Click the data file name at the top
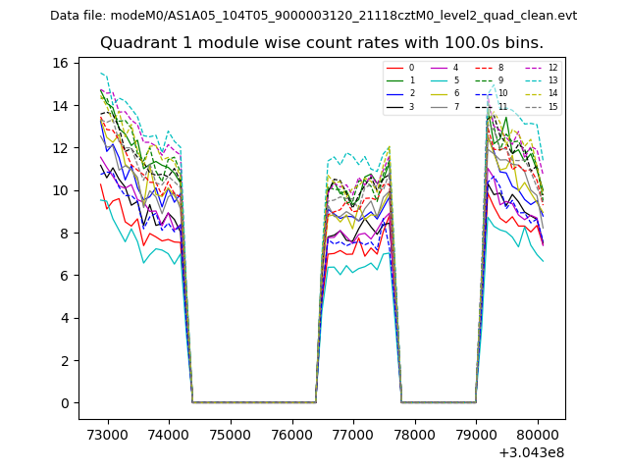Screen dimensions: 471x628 (313, 16)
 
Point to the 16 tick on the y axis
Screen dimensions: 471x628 (60, 63)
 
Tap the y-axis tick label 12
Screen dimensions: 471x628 (60, 148)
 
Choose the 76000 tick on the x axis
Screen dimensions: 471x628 (291, 435)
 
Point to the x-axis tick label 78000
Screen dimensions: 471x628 (415, 435)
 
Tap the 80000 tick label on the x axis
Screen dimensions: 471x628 (539, 435)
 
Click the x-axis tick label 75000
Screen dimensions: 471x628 (230, 435)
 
